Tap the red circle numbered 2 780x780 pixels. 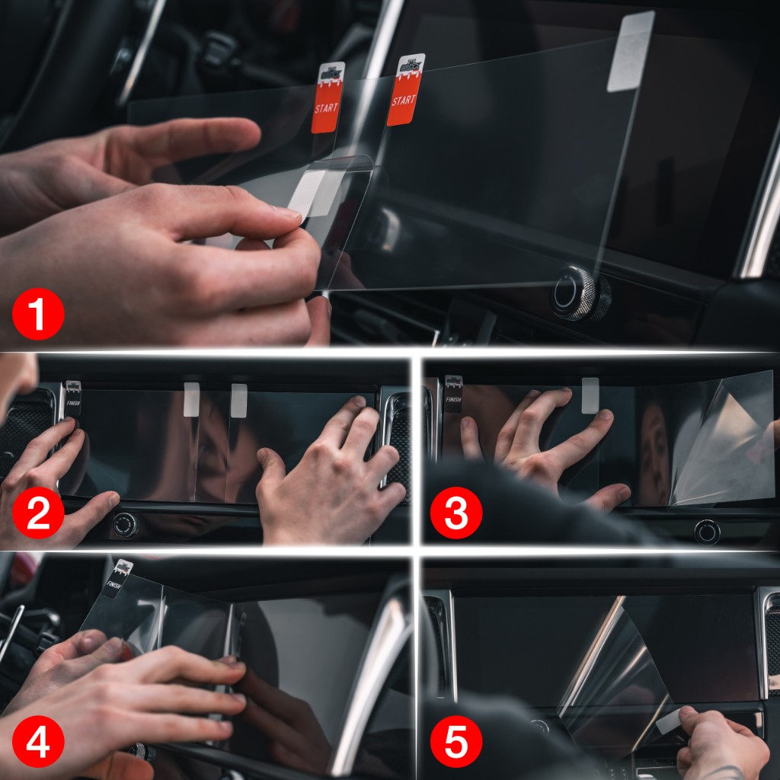[37, 513]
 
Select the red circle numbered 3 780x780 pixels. [455, 513]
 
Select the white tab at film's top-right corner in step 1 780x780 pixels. [630, 52]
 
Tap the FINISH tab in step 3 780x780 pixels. [453, 393]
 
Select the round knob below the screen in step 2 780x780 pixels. [125, 524]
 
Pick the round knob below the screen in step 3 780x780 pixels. [707, 531]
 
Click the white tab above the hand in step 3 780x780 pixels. [590, 395]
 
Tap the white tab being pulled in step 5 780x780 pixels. [668, 721]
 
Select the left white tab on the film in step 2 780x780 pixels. [191, 399]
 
